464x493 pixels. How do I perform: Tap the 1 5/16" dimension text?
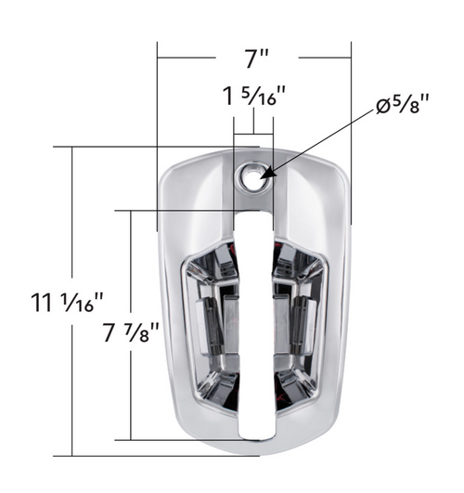coord(253,96)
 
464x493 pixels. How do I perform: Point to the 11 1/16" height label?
coord(65,303)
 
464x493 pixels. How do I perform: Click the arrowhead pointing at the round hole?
coord(265,173)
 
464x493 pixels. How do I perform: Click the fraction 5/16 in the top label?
coord(265,96)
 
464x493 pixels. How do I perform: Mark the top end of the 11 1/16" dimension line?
coord(73,147)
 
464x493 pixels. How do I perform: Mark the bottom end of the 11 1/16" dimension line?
coord(73,456)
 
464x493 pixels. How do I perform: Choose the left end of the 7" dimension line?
coord(158,58)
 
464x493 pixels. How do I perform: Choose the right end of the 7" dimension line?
coord(351,58)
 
